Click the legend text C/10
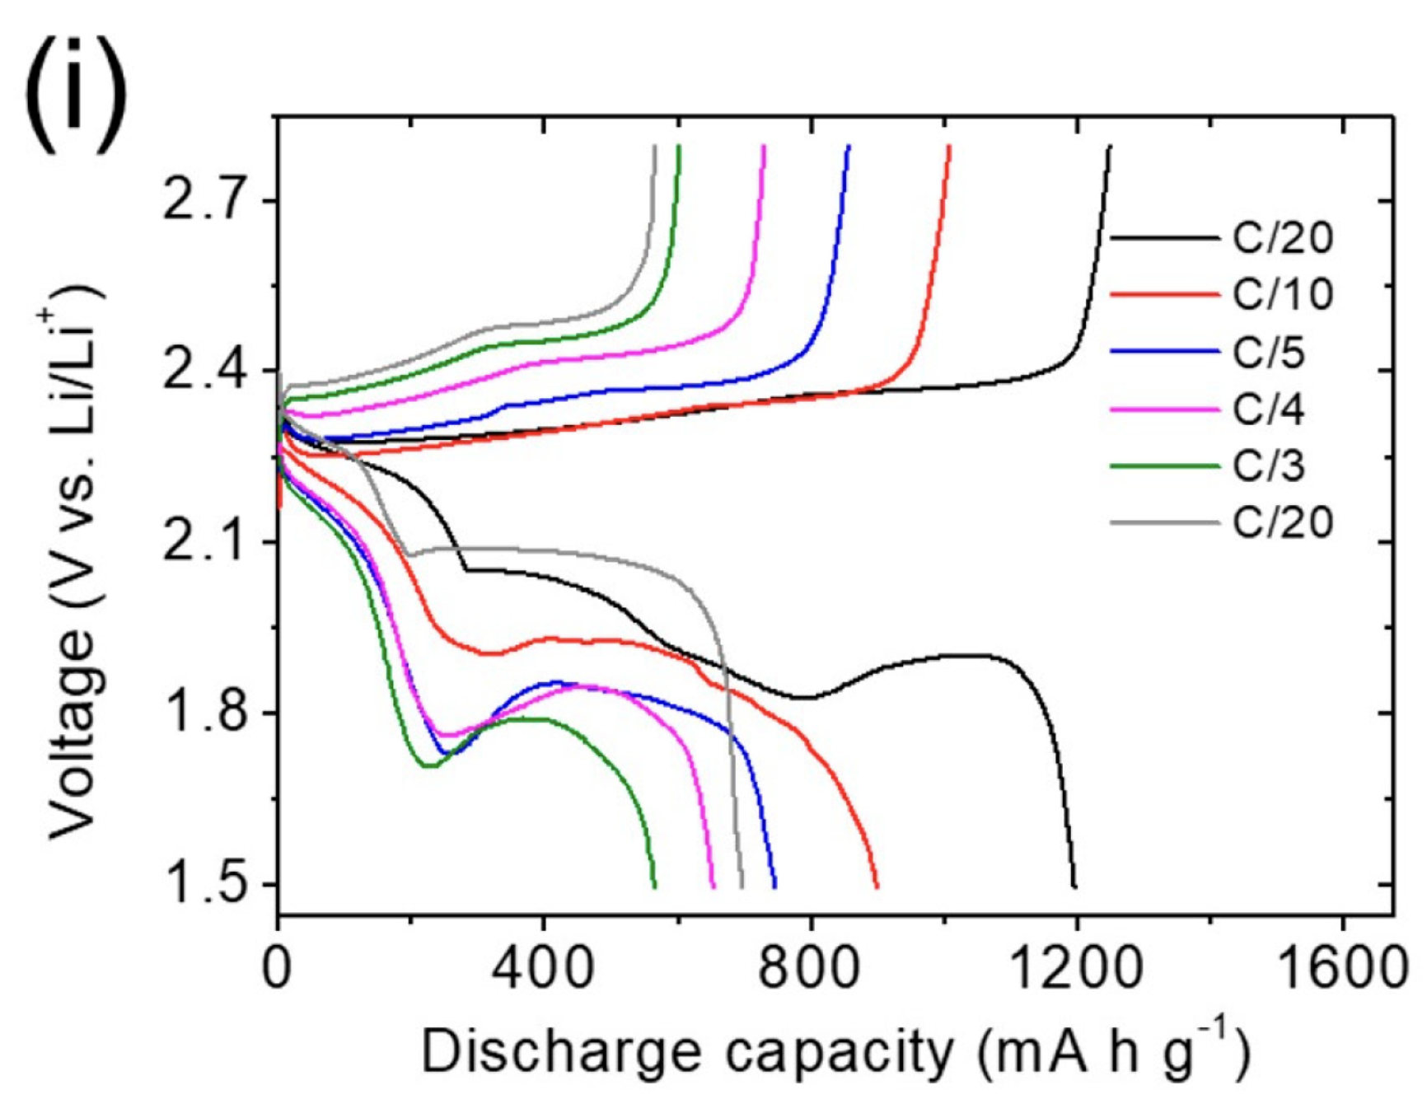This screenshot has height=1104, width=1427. pyautogui.click(x=1282, y=294)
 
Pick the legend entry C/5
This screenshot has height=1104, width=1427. pyautogui.click(x=1269, y=352)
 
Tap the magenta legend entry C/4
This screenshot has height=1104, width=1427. pyautogui.click(x=1269, y=409)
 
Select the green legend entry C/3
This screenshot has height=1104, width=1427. pyautogui.click(x=1269, y=466)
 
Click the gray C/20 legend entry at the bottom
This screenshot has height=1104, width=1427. pyautogui.click(x=1282, y=522)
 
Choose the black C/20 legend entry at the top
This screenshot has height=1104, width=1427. pyautogui.click(x=1282, y=238)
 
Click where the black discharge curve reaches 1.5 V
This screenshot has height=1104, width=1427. pyautogui.click(x=1074, y=886)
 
